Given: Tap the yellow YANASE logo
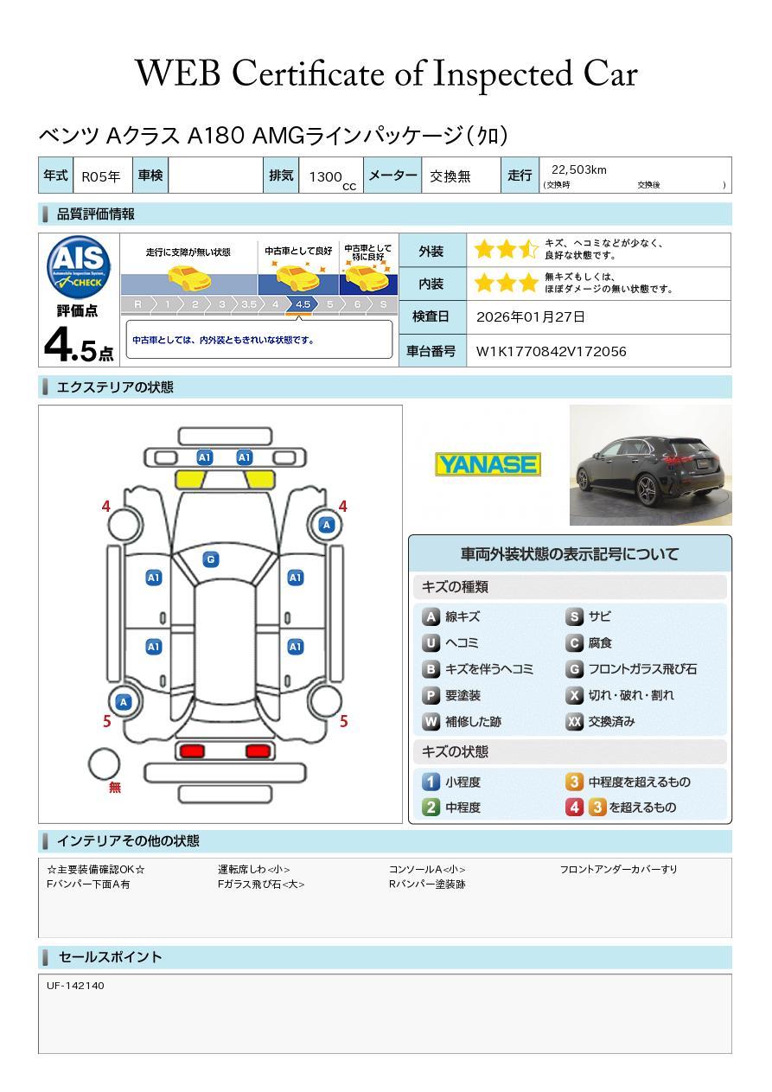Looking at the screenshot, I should [x=488, y=465].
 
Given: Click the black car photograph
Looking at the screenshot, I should [x=650, y=465].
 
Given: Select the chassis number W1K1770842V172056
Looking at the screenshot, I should [x=551, y=352].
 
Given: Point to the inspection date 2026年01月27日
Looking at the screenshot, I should [x=530, y=317].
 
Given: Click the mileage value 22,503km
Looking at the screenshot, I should [x=578, y=169].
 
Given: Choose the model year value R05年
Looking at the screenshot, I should [x=101, y=176].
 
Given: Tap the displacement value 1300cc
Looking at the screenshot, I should [x=331, y=177].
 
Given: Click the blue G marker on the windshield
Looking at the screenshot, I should [x=210, y=559].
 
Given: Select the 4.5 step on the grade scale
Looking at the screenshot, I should [x=303, y=304].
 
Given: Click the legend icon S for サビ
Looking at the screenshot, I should [x=574, y=617].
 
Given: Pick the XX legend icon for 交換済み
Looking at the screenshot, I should [x=574, y=722].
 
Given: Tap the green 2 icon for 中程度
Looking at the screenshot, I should [x=431, y=808].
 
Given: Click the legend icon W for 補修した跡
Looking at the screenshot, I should [x=431, y=722].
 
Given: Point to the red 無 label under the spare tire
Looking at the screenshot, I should [x=115, y=789].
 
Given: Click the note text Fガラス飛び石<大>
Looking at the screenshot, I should [x=261, y=884].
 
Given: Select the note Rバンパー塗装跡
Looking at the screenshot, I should [x=427, y=884].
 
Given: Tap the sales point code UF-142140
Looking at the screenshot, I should [x=75, y=986].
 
